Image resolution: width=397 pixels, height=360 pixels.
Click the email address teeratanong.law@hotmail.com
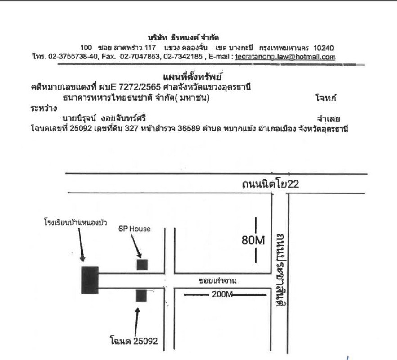pyautogui.click(x=285, y=57)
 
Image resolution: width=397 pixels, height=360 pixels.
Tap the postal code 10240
pyautogui.click(x=324, y=48)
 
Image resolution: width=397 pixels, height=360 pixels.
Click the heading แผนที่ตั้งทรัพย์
pyautogui.click(x=193, y=76)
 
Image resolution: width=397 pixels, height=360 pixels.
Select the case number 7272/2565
pyautogui.click(x=140, y=87)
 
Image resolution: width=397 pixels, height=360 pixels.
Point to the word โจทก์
pyautogui.click(x=325, y=98)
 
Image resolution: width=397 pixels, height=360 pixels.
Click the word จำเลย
pyautogui.click(x=329, y=119)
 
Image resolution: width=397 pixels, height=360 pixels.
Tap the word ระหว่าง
pyautogui.click(x=44, y=108)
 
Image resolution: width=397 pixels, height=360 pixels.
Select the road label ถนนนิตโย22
pyautogui.click(x=271, y=184)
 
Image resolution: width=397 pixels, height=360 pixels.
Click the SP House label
pyautogui.click(x=135, y=229)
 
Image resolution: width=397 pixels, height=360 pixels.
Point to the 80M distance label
pyautogui.click(x=253, y=240)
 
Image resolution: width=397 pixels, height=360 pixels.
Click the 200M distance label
pyautogui.click(x=222, y=294)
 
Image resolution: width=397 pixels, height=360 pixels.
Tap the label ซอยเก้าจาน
pyautogui.click(x=217, y=280)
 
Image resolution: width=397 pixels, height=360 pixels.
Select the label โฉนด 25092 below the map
pyautogui.click(x=134, y=341)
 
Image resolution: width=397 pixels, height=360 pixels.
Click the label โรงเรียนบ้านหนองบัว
pyautogui.click(x=76, y=223)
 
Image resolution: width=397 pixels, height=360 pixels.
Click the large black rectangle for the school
pyautogui.click(x=90, y=280)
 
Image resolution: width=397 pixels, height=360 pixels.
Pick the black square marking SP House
pyautogui.click(x=142, y=265)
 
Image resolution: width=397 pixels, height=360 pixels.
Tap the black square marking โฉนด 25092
pyautogui.click(x=141, y=296)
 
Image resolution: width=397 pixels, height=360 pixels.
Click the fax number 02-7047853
pyautogui.click(x=140, y=56)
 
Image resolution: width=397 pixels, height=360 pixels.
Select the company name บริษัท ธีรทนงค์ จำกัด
pyautogui.click(x=183, y=38)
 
